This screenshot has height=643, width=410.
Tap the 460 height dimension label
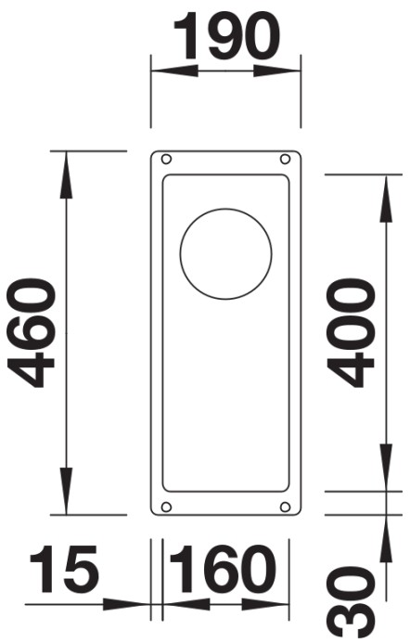(x=31, y=333)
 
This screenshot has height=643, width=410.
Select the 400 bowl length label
(x=350, y=333)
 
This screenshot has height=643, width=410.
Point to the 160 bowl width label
(x=223, y=569)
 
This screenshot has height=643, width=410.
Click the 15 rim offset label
(x=65, y=569)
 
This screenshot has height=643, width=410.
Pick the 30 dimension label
(x=351, y=604)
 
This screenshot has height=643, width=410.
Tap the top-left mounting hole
(x=166, y=159)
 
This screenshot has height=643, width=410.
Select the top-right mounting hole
(x=285, y=159)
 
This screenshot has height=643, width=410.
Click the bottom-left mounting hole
(x=166, y=507)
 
